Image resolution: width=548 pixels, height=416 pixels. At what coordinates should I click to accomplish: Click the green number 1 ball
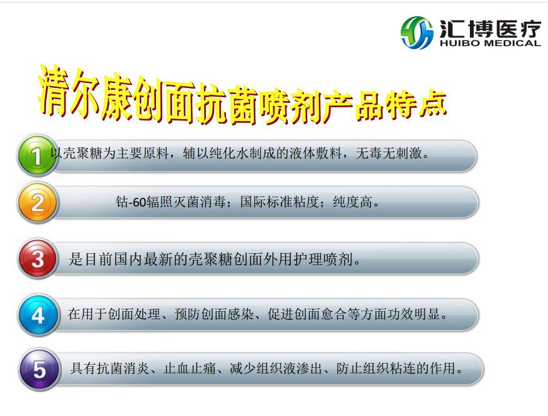(x=37, y=155)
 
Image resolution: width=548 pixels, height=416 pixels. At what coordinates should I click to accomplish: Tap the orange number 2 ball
(x=37, y=203)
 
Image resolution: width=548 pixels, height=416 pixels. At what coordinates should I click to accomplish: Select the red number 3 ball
(x=37, y=259)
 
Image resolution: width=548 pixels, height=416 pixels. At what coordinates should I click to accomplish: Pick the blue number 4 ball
(x=37, y=316)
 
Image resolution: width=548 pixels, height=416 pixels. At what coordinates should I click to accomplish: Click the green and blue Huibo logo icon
(x=417, y=32)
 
